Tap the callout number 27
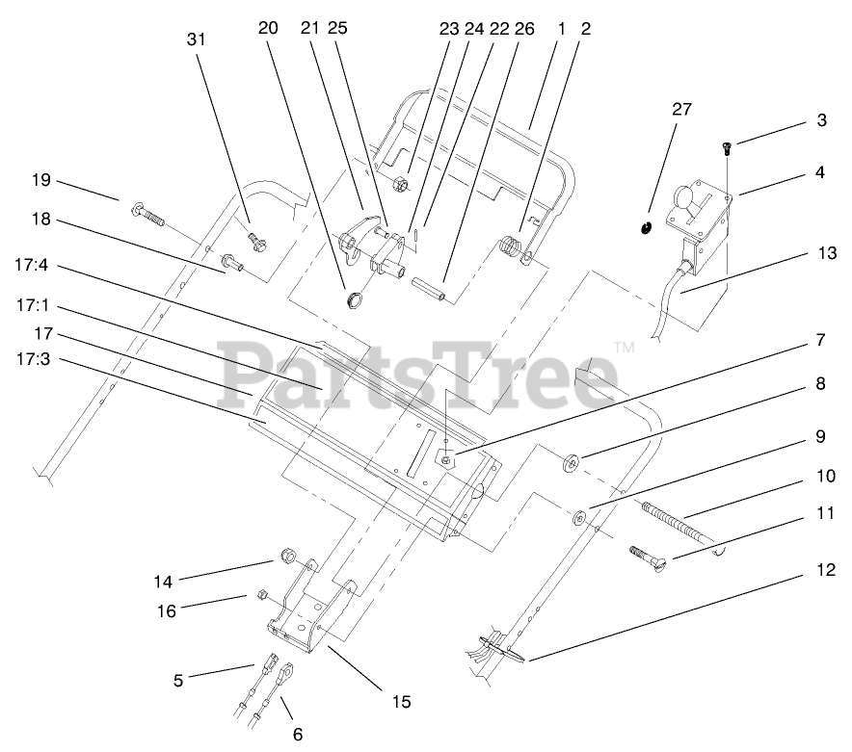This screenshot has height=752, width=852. [681, 109]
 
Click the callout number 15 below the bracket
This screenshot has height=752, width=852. [402, 702]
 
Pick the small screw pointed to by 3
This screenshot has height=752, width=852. [727, 145]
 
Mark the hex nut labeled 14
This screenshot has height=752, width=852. [287, 556]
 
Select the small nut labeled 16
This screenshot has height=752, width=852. [260, 595]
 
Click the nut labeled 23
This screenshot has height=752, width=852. [402, 184]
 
